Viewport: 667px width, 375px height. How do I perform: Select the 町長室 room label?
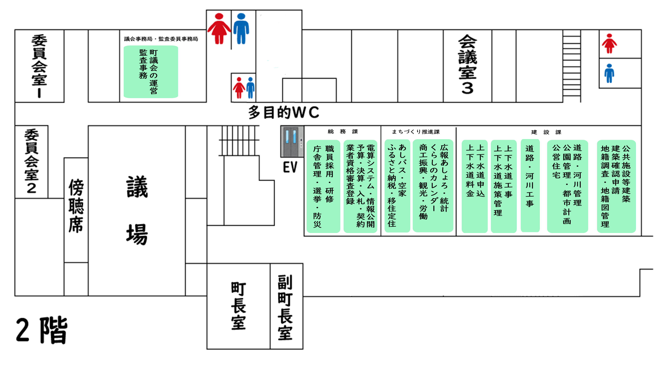[238, 306]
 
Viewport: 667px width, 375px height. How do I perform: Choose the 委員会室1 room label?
[39, 66]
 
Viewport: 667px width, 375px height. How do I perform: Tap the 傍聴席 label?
[76, 206]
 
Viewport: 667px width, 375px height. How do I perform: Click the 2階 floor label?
[42, 330]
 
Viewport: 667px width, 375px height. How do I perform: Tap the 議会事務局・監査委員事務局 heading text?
[161, 39]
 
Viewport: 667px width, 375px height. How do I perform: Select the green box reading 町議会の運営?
[151, 72]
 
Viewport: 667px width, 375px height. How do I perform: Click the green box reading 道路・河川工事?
[530, 185]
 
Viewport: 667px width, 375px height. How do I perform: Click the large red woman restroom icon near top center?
[219, 28]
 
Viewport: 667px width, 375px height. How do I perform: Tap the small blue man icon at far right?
[609, 73]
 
